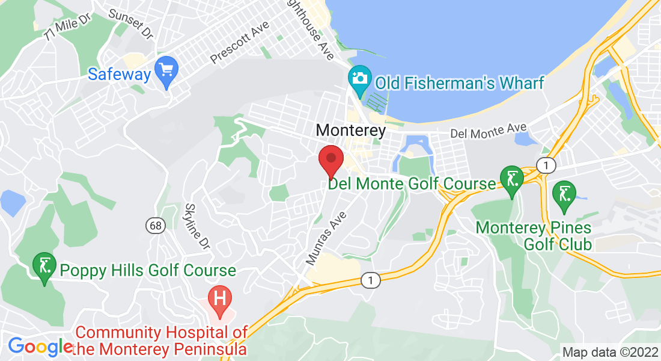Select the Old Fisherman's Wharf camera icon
tap(360, 81)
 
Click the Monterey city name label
tap(350, 130)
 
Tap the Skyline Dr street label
tap(198, 226)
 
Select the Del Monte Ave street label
tap(489, 130)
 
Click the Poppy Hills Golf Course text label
tap(147, 270)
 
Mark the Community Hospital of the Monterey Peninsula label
tap(161, 341)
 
